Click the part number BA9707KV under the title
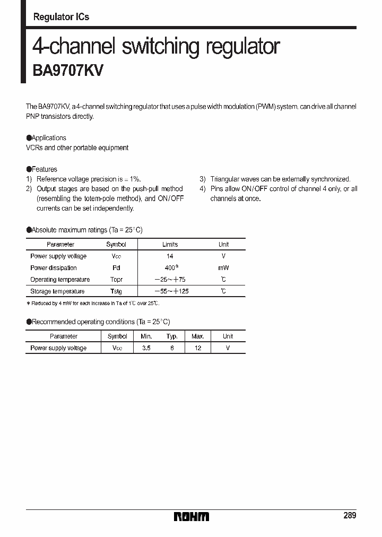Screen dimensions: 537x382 point(68,71)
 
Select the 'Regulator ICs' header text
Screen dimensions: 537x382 point(61,17)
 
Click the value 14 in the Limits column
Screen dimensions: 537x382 point(170,256)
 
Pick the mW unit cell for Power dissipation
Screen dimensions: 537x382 point(223,268)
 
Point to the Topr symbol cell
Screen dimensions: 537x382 point(116,280)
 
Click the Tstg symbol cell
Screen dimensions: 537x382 point(116,291)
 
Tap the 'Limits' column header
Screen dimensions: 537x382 point(170,245)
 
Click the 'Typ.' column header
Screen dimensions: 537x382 point(172,336)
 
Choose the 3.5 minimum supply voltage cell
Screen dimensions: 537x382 point(146,348)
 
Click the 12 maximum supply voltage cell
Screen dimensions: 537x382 point(198,348)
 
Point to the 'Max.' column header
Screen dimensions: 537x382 point(198,336)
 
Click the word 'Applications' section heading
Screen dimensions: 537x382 point(49,138)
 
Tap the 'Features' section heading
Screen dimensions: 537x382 point(45,169)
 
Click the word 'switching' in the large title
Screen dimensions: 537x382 point(160,47)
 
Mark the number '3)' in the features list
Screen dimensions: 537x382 point(203,179)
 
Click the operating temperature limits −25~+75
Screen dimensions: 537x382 point(170,280)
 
